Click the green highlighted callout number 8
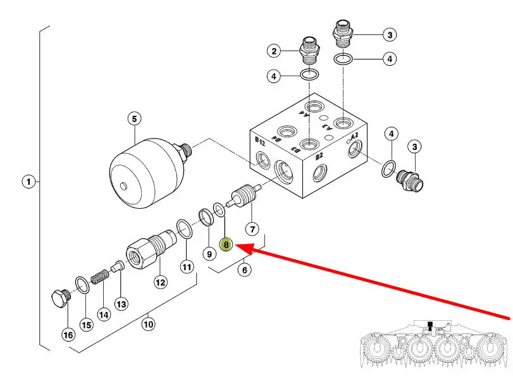pos(226,244)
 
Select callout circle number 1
pos(28,182)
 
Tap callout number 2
pos(273,51)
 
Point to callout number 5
pos(133,118)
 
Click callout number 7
pos(252,228)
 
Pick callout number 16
pos(68,335)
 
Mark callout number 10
pos(148,325)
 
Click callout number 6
pos(244,270)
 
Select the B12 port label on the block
pos(260,140)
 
